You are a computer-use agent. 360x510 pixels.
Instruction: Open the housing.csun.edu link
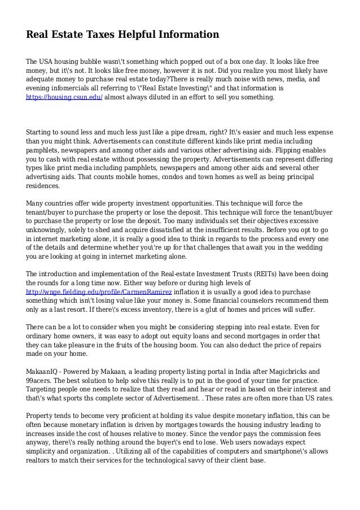[64, 97]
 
